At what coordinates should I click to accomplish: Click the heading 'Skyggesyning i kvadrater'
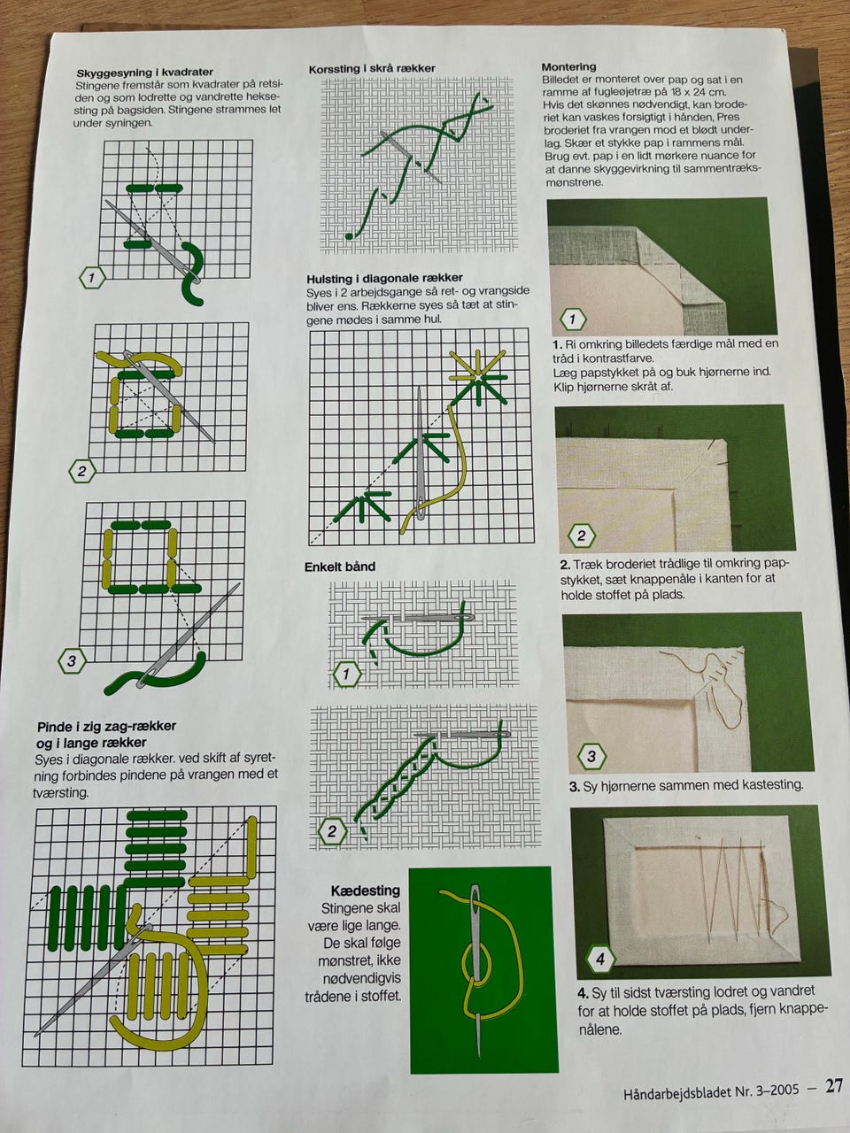[x=145, y=73]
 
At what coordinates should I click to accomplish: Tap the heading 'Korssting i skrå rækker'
[x=372, y=69]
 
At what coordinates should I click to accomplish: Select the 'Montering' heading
[x=568, y=66]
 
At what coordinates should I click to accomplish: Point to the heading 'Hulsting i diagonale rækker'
[x=384, y=279]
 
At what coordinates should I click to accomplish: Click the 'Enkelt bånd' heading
[x=340, y=566]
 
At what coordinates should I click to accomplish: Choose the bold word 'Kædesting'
[x=366, y=890]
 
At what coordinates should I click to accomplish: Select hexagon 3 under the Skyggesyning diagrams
[x=71, y=661]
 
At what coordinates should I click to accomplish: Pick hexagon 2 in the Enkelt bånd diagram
[x=332, y=831]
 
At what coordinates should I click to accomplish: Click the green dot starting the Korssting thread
[x=349, y=236]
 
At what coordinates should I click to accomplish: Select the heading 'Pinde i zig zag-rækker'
[x=107, y=726]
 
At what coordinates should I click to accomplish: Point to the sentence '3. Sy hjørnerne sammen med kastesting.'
[x=686, y=786]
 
